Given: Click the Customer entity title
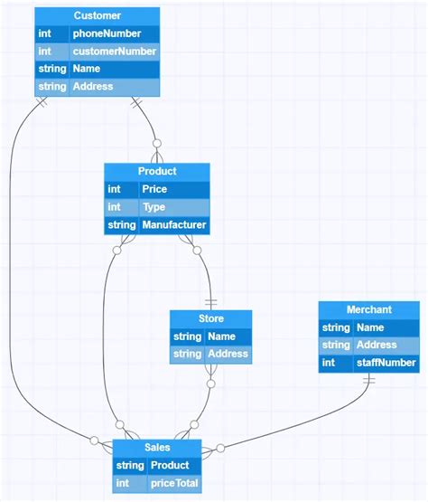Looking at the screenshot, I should (x=97, y=16).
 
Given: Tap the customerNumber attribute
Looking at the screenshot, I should (x=115, y=52).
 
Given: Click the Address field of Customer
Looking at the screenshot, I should (x=93, y=87).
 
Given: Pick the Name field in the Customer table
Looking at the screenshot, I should (x=87, y=69).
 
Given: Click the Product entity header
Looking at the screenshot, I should (x=157, y=171).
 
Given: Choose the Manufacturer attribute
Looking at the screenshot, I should (x=174, y=224).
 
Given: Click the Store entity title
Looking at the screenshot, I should (x=210, y=318).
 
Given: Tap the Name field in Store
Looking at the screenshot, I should (x=221, y=336).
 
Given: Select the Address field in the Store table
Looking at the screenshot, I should (x=228, y=354).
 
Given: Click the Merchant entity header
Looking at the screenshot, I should (x=369, y=309).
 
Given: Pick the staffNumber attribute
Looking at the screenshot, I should (x=386, y=363).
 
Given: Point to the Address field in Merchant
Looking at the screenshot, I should (x=377, y=345).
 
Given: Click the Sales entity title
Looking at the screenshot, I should (x=157, y=448).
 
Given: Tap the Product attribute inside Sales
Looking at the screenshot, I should (x=169, y=466).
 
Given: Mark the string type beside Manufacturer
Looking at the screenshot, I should (x=121, y=224).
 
